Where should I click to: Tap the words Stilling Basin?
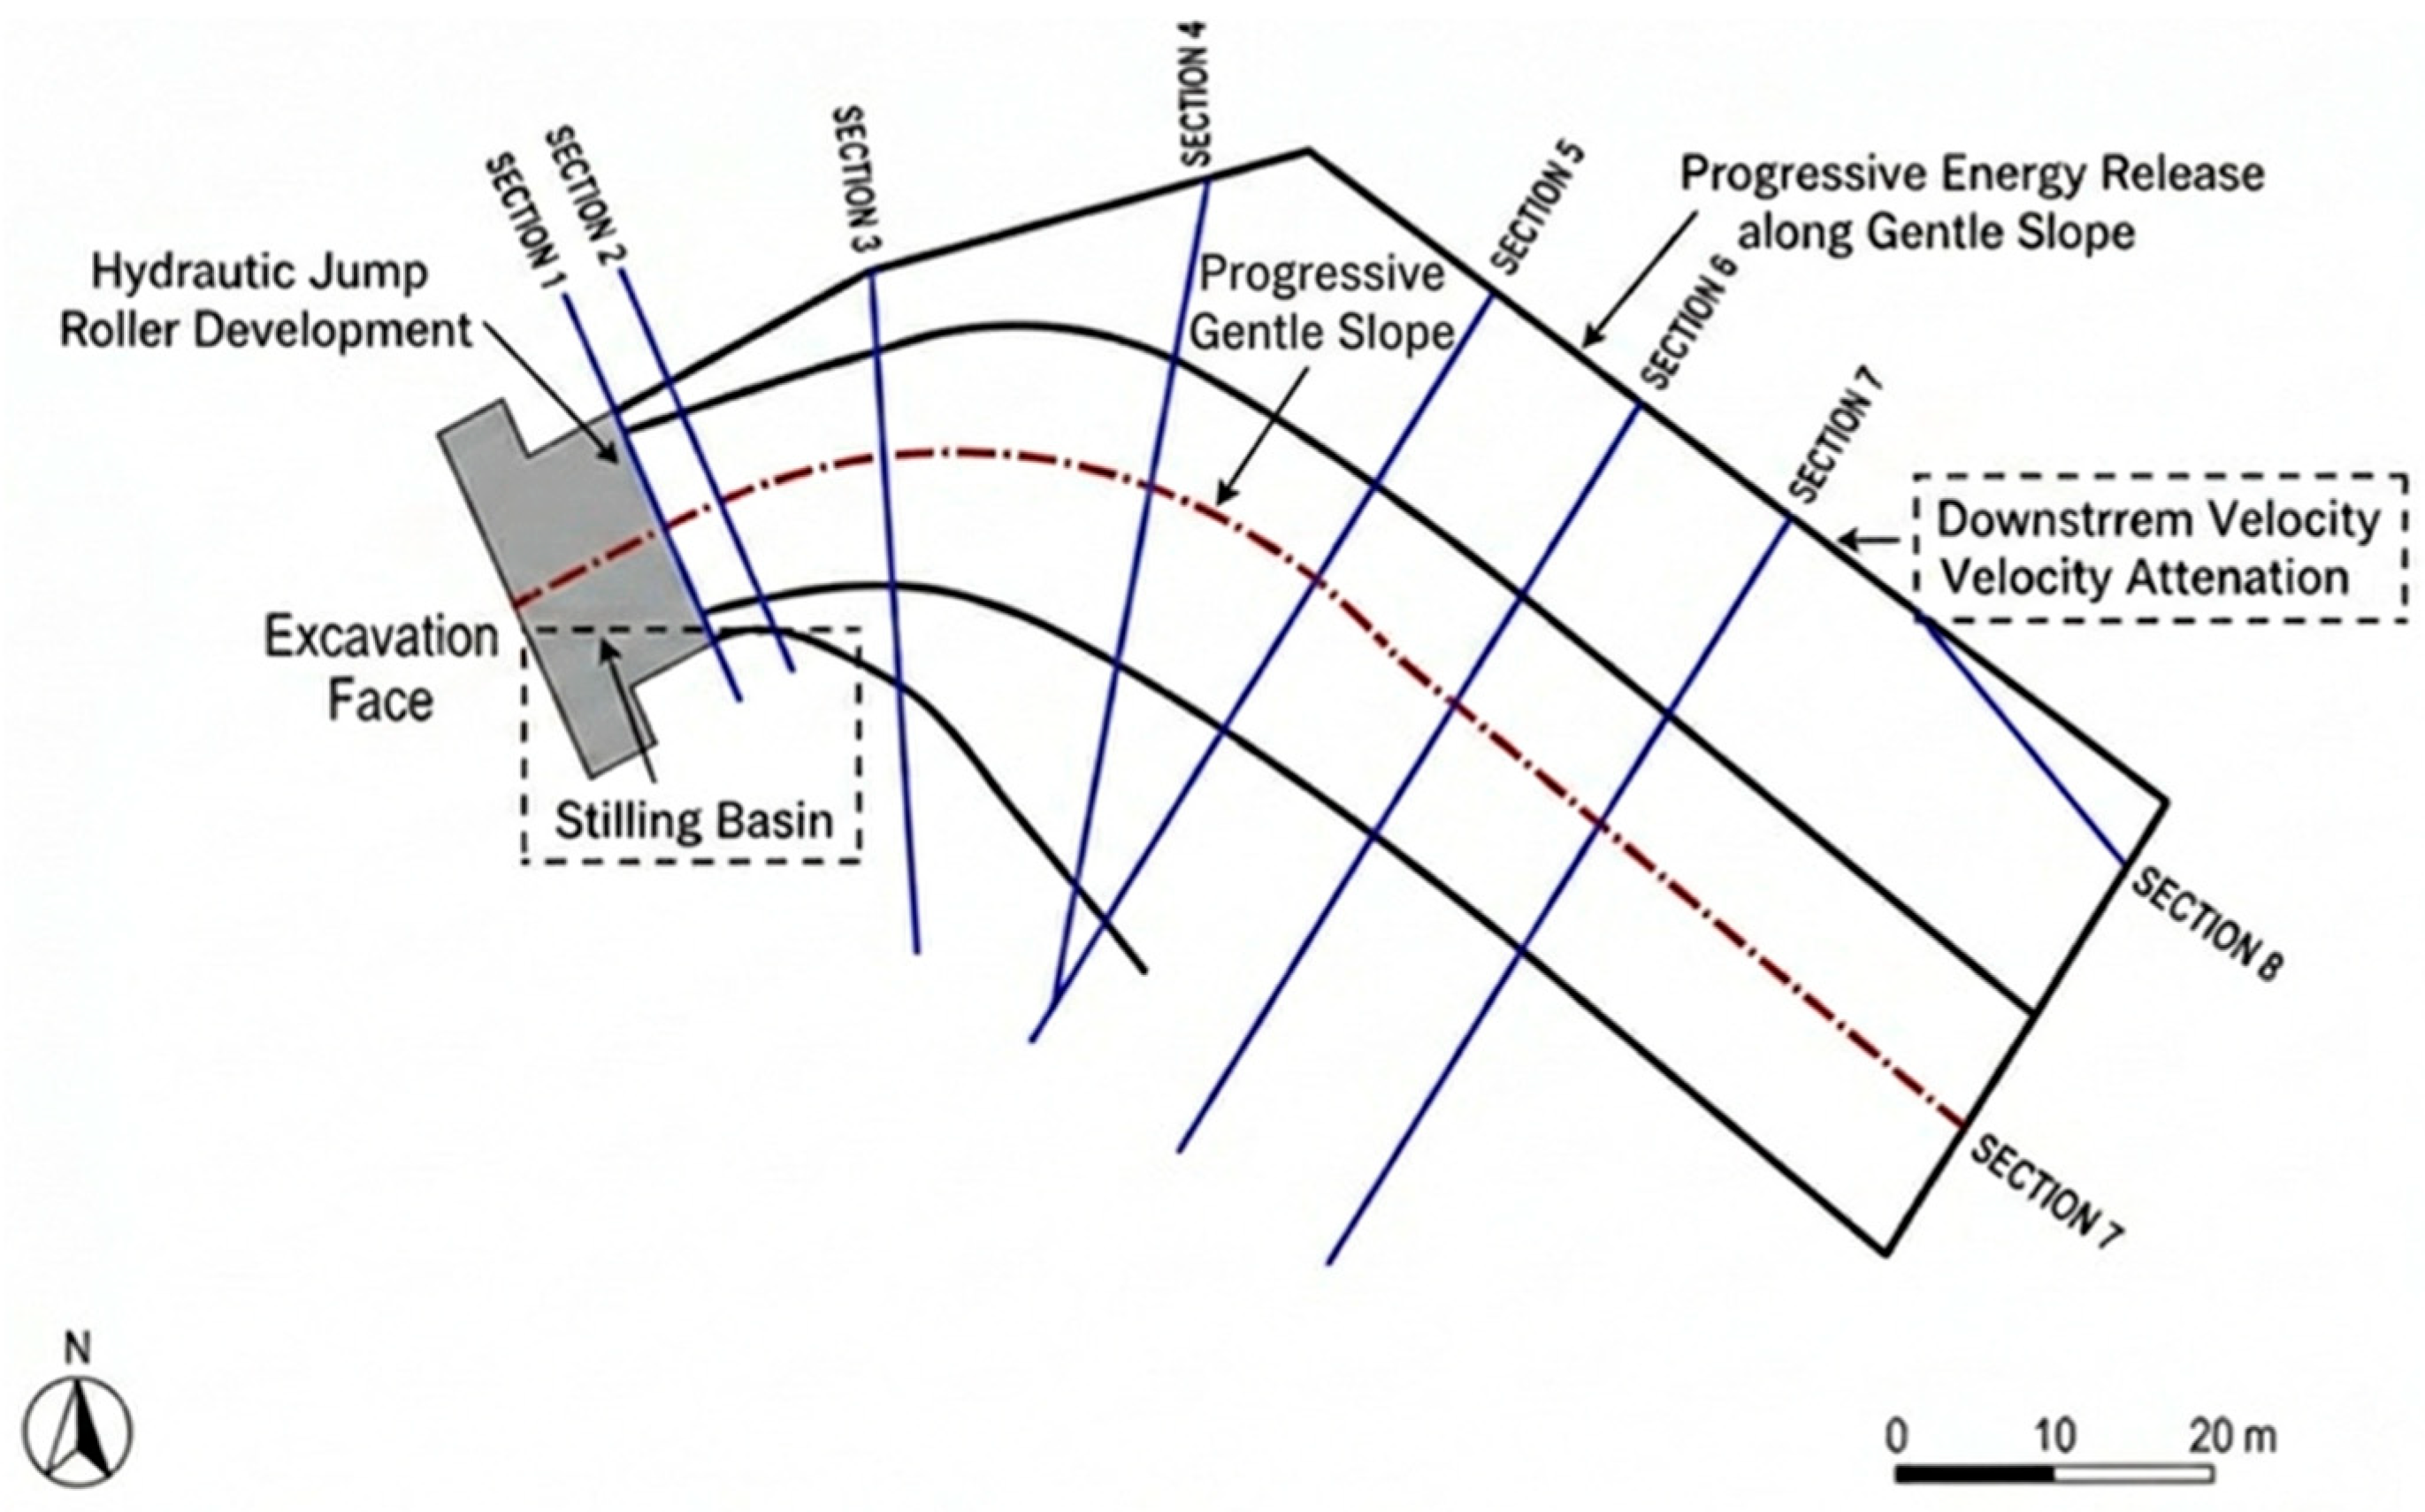click(693, 821)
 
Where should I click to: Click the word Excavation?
click(381, 637)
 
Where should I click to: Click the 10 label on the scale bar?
click(2054, 1437)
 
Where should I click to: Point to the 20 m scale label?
click(2232, 1437)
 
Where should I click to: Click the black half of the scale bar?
click(1974, 1474)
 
